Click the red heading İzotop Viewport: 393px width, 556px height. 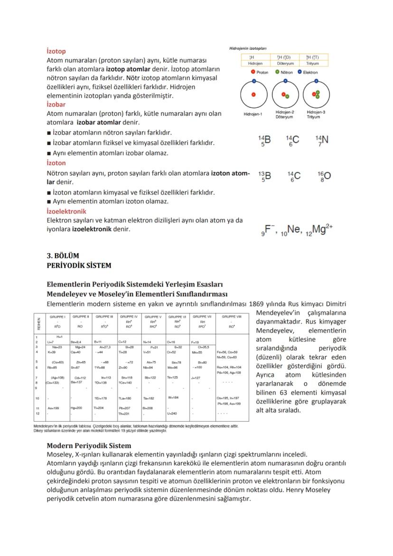(x=56, y=51)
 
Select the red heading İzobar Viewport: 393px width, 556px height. (x=56, y=104)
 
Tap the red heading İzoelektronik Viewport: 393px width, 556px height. (x=66, y=211)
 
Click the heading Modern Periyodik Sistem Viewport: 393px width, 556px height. (x=89, y=446)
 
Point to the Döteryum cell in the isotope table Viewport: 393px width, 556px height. (x=285, y=63)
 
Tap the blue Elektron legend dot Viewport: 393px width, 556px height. (x=299, y=72)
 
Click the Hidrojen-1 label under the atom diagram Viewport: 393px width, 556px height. (x=253, y=114)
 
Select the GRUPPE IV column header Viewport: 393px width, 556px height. (x=129, y=316)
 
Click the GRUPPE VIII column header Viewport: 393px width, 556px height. (x=232, y=316)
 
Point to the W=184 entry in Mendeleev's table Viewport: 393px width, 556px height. (x=174, y=397)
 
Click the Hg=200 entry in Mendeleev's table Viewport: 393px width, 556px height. (x=76, y=407)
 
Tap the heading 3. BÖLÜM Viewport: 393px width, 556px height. (x=63, y=256)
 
